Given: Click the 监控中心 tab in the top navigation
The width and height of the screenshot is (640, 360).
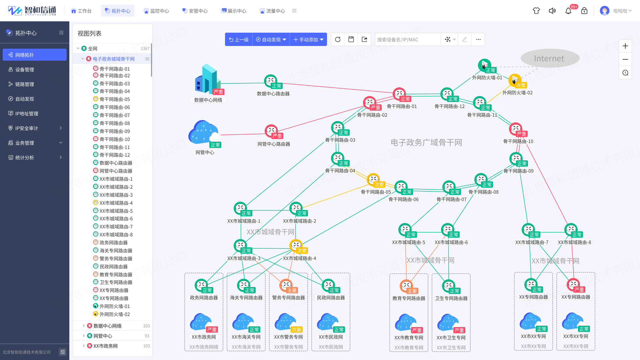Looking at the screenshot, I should tap(156, 11).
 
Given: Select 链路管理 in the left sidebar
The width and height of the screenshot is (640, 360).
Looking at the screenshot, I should tap(24, 84).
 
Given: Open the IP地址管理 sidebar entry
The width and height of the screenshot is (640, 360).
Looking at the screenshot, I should tap(26, 114).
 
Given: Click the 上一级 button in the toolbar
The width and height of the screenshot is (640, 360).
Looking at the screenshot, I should tap(239, 40).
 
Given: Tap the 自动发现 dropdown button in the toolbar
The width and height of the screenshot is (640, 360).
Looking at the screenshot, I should tap(271, 40).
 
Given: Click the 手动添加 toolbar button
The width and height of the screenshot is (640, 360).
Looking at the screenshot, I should tap(308, 40).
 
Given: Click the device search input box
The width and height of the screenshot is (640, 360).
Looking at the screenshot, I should tap(407, 40).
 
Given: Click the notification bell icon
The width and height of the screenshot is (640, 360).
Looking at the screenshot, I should tap(568, 11).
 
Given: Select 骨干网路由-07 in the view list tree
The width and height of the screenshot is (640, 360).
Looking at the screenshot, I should tap(115, 115).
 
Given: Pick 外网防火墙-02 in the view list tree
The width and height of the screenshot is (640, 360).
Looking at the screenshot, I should tap(115, 314).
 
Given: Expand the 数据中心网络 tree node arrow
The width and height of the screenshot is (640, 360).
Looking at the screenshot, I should tap(84, 326).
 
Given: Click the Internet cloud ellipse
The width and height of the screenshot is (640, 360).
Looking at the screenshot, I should tap(549, 59).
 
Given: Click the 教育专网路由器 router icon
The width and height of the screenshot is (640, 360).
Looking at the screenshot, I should tap(406, 286).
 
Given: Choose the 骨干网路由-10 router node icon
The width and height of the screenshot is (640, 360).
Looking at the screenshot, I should tap(516, 129).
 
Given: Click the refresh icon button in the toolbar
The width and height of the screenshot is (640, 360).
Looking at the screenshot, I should tap(338, 40).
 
